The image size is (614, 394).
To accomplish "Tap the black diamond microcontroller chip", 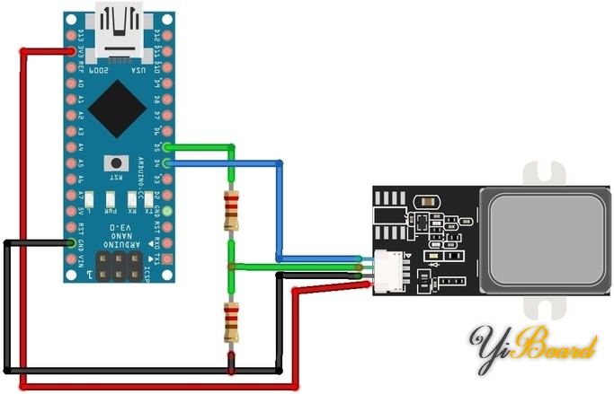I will pyautogui.click(x=116, y=109).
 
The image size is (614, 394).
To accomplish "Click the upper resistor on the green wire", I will pyautogui.click(x=231, y=214).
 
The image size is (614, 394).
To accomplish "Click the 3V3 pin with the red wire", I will pyautogui.click(x=71, y=52).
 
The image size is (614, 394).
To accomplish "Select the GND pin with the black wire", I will pyautogui.click(x=71, y=242).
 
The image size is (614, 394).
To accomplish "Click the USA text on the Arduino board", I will pyautogui.click(x=138, y=69).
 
